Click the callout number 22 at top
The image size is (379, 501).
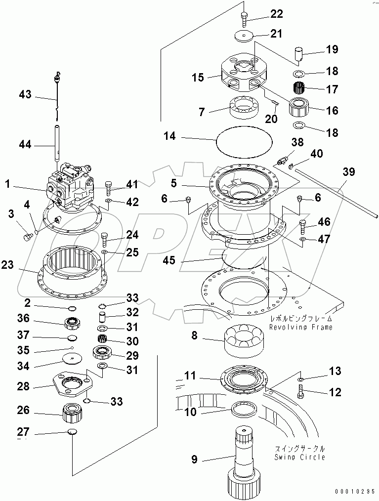276,13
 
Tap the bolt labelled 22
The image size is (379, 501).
245,19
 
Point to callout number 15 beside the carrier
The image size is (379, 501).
198,78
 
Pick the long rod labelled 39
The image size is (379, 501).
336,193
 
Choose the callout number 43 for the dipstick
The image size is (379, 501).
25,94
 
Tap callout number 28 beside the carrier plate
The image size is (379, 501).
24,387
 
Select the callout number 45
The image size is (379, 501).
169,260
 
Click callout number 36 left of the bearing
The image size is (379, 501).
24,319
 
